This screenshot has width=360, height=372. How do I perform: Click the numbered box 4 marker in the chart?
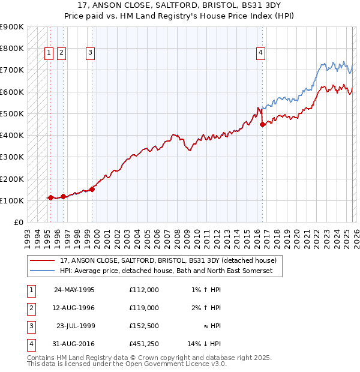coord(261,53)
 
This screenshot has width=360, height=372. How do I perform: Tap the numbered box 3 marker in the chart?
coord(90,53)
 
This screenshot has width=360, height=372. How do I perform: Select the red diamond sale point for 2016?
coord(263,125)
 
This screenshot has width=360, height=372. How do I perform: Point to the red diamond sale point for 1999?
coord(92,189)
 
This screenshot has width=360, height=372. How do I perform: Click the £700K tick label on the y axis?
coord(12,70)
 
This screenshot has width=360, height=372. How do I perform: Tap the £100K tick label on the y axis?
coord(12,200)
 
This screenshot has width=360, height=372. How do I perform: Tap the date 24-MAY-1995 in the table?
coord(74,290)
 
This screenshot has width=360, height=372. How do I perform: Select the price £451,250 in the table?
coord(143,344)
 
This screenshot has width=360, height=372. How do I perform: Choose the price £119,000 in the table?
coord(143,308)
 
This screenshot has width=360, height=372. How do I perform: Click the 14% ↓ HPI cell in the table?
coord(203,344)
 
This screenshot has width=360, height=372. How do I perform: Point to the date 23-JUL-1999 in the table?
coord(74,326)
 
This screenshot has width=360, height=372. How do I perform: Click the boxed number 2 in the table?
coord(31,308)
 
